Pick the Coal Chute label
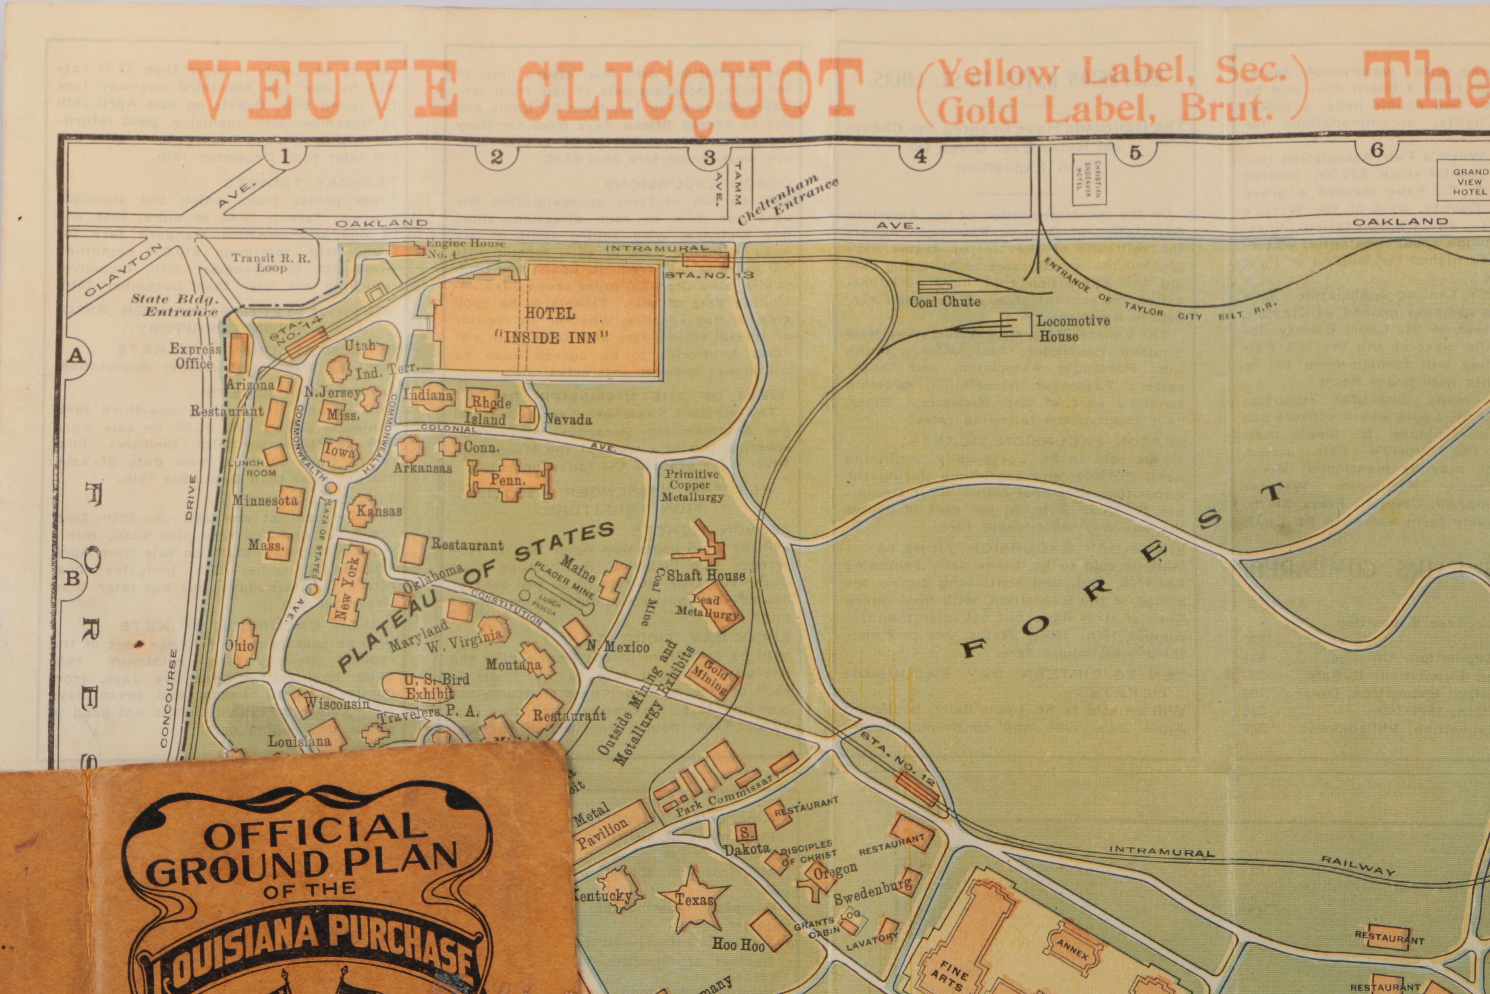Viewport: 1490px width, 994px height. tap(945, 302)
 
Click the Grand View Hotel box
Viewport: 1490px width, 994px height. tap(1469, 182)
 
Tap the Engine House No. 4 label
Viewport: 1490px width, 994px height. tap(464, 248)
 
